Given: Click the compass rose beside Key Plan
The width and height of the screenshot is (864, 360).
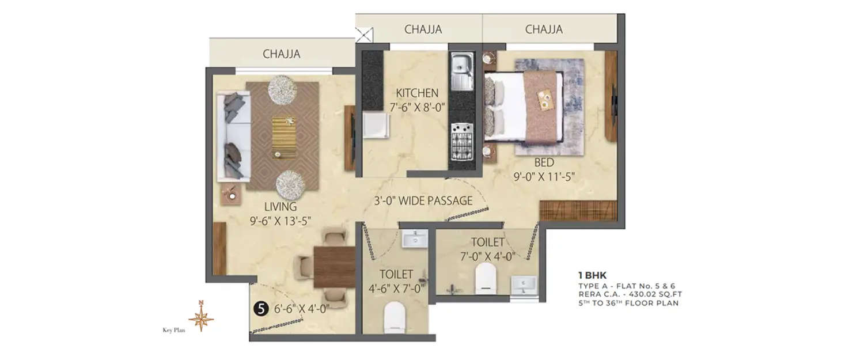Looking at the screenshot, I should pos(201,317).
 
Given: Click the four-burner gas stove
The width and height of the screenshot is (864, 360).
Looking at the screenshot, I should pos(461,142).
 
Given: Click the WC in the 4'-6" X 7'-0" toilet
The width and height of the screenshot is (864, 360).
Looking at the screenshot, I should pos(395,317).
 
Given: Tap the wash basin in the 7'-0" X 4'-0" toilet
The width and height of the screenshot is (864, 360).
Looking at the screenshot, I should pos(523,284).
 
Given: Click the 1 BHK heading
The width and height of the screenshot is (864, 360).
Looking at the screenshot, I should pos(592,275).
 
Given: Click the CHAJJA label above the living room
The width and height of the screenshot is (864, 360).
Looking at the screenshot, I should pos(282,54).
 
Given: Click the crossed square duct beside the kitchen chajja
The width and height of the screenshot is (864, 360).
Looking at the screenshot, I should pos(365,35).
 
